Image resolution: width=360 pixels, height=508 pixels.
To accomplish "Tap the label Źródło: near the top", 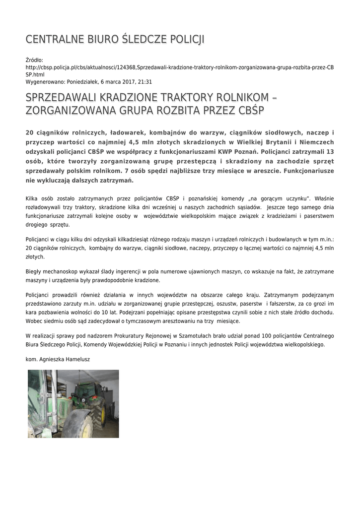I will click(x=35, y=60).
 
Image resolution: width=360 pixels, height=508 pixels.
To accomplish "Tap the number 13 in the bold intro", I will click(x=330, y=151).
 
